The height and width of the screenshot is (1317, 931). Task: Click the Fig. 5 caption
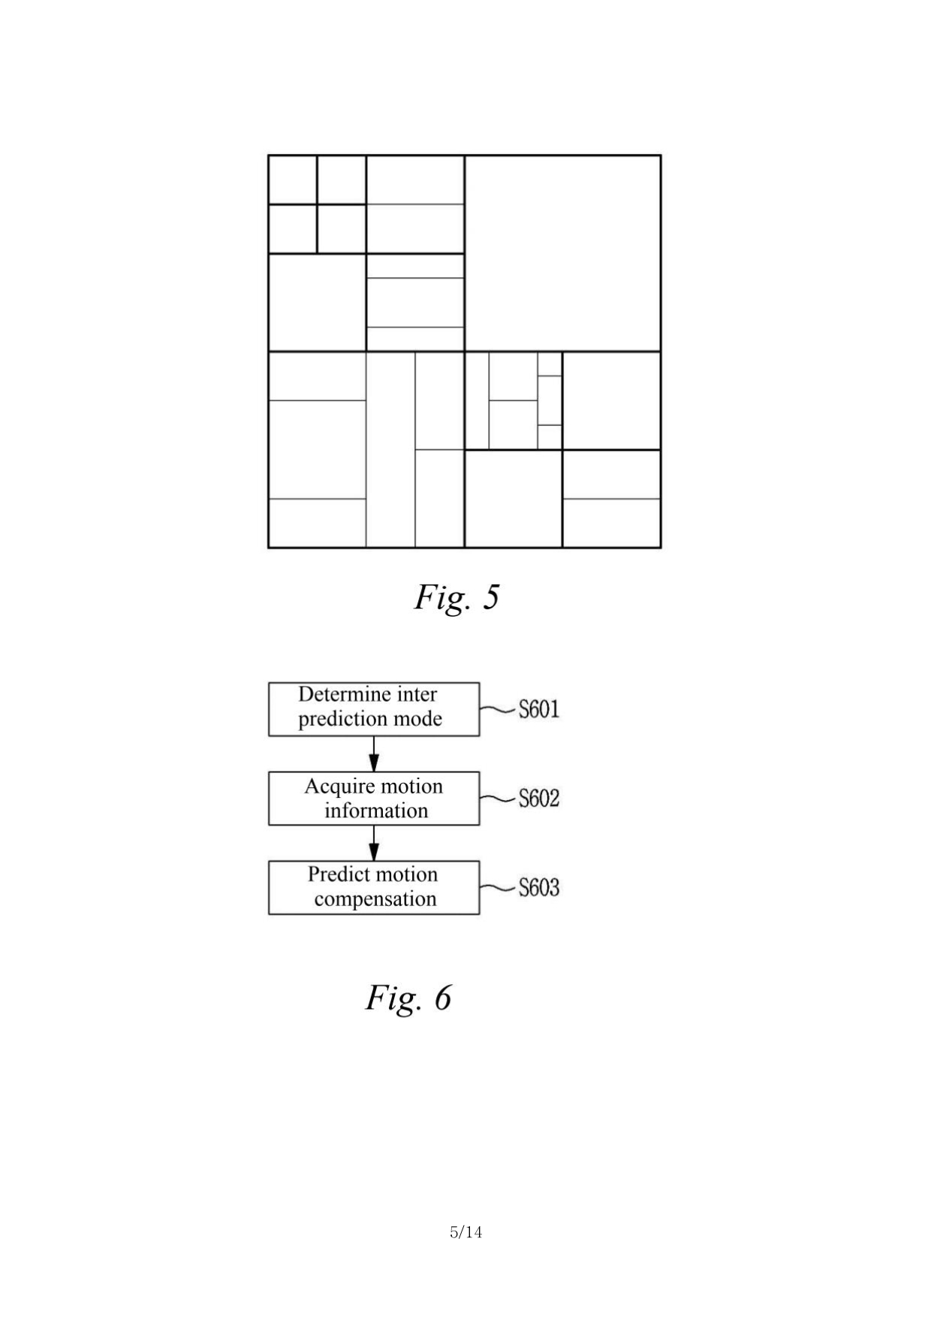[x=456, y=598]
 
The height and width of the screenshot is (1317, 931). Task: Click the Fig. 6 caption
[x=408, y=998]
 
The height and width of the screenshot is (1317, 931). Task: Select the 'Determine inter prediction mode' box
[x=373, y=708]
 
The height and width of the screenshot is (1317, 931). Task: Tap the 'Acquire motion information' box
[x=373, y=798]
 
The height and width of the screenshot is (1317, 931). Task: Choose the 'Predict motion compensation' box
[x=373, y=887]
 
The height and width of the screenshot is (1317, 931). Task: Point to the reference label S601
[x=539, y=709]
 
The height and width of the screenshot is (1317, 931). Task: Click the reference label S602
[x=539, y=798]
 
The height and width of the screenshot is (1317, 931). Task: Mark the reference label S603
[x=539, y=887]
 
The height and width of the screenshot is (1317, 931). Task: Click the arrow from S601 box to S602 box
[x=374, y=754]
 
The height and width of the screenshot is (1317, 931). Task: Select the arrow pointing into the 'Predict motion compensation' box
[x=374, y=843]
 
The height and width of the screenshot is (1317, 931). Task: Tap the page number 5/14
[x=465, y=1232]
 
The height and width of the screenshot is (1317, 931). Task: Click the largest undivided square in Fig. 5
[x=562, y=253]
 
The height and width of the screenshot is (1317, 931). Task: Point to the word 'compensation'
[x=375, y=899]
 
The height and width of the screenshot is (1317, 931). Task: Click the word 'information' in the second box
[x=376, y=811]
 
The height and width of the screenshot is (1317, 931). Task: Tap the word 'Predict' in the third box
[x=335, y=874]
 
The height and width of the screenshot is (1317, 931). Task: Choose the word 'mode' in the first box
[x=420, y=719]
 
